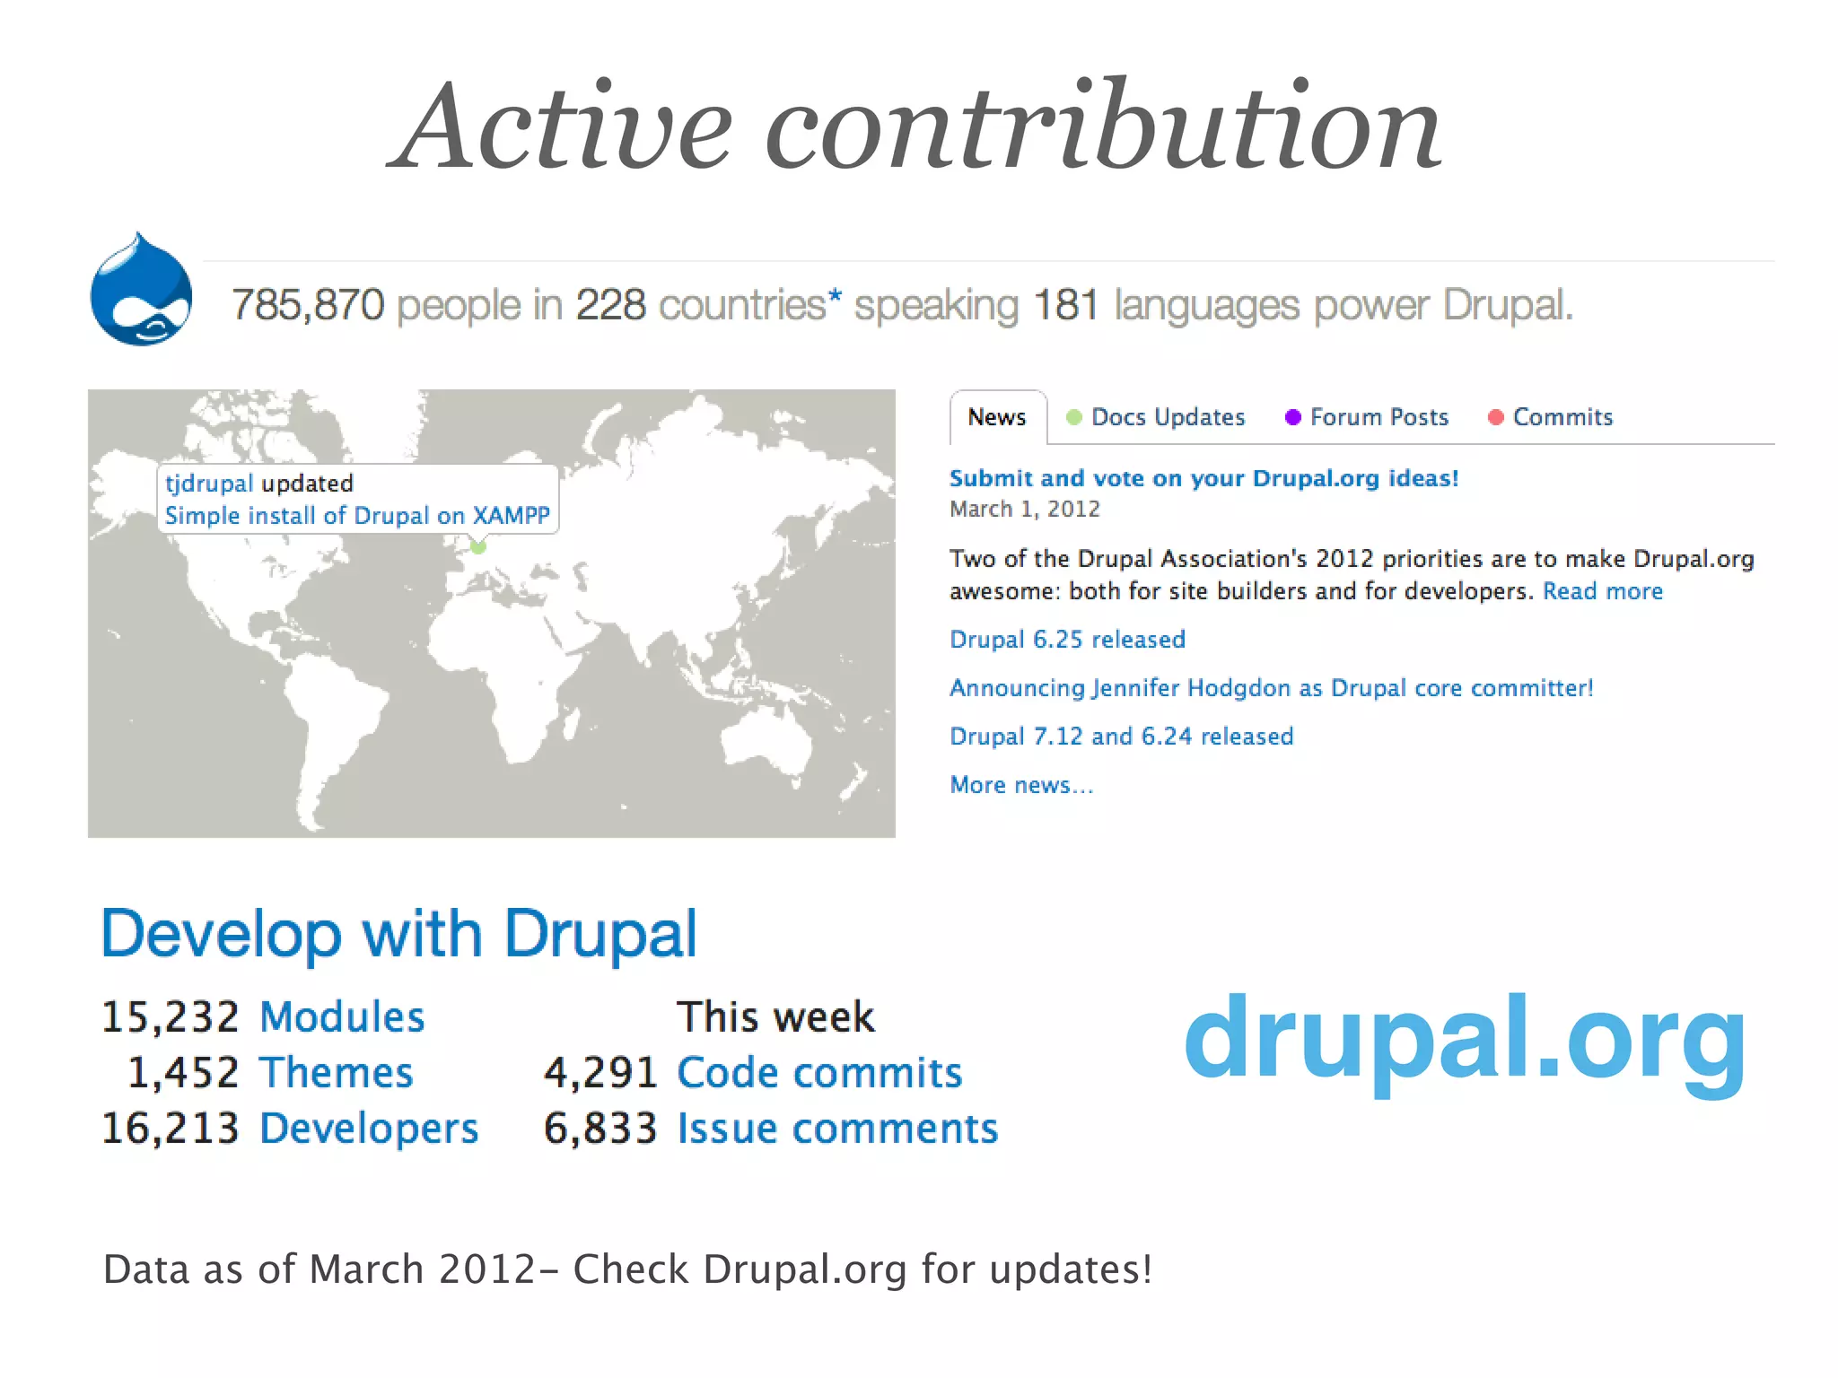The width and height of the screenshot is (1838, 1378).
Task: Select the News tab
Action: click(996, 417)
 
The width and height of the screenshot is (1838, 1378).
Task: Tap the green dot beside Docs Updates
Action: click(1073, 417)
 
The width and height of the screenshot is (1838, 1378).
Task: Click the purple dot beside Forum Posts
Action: click(1292, 417)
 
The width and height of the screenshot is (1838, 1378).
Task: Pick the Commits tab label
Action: click(1562, 417)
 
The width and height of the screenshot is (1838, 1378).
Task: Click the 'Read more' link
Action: click(1602, 591)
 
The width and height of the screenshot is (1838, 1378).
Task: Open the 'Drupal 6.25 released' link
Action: click(1067, 640)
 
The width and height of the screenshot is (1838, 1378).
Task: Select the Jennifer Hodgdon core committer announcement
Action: click(1271, 688)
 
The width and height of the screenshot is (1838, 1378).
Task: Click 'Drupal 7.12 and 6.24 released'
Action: click(1121, 737)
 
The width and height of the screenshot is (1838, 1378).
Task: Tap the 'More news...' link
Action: click(1021, 785)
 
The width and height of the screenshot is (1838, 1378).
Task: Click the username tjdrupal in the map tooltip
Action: click(208, 484)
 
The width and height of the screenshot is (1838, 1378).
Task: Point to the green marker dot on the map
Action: click(478, 545)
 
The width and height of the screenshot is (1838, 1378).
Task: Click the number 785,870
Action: click(308, 305)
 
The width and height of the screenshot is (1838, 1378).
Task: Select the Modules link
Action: click(342, 1017)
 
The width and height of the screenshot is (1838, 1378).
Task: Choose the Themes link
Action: click(337, 1073)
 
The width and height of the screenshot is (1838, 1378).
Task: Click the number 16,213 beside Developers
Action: click(171, 1129)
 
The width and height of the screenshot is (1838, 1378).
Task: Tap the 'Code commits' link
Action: click(818, 1073)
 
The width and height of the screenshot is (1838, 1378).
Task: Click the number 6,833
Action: click(600, 1129)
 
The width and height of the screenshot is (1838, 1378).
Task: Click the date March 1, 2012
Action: click(1024, 510)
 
